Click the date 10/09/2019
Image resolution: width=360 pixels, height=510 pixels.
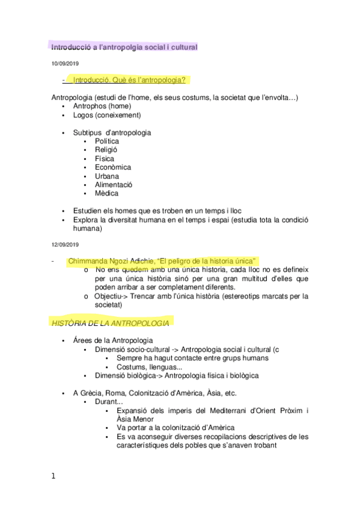pyautogui.click(x=64, y=63)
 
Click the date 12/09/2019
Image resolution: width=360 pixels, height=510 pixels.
pyautogui.click(x=64, y=244)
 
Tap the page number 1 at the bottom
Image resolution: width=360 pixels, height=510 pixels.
pyautogui.click(x=53, y=476)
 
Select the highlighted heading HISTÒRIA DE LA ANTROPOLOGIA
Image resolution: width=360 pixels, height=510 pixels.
pyautogui.click(x=109, y=323)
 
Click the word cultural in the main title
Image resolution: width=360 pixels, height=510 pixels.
pyautogui.click(x=180, y=46)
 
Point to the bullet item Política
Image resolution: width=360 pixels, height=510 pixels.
pyautogui.click(x=107, y=141)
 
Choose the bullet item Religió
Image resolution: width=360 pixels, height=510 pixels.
pyautogui.click(x=106, y=150)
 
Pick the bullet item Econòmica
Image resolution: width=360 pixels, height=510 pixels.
pyautogui.click(x=112, y=167)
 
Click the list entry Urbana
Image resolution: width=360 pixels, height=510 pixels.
pyautogui.click(x=106, y=176)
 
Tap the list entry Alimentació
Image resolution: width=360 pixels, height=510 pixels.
pyautogui.click(x=114, y=185)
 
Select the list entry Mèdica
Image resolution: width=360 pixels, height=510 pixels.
pyautogui.click(x=106, y=193)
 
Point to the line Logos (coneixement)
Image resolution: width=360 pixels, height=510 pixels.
pyautogui.click(x=106, y=115)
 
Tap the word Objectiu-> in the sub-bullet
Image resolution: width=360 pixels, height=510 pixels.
pyautogui.click(x=114, y=296)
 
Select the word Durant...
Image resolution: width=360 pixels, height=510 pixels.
pyautogui.click(x=108, y=402)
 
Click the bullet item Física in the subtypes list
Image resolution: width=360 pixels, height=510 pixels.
pyautogui.click(x=105, y=159)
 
